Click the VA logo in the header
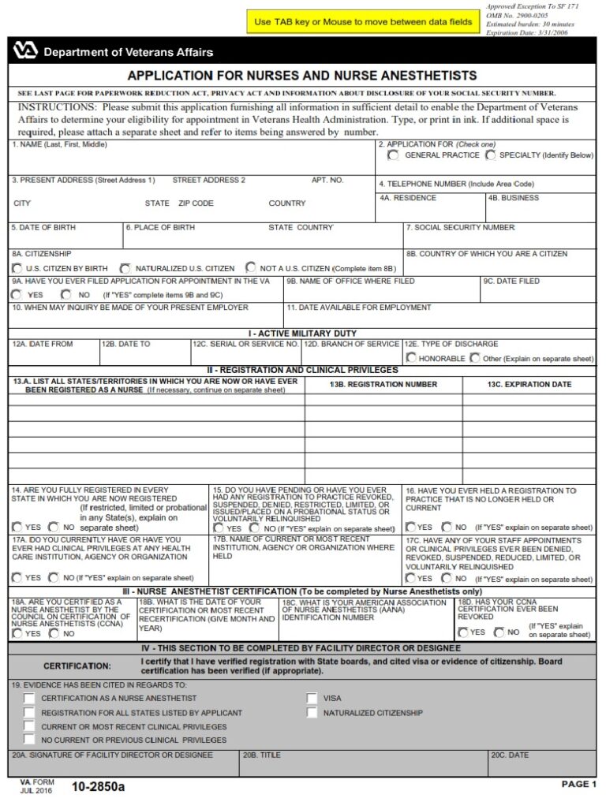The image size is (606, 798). (x=25, y=51)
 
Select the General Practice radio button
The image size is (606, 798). (x=393, y=155)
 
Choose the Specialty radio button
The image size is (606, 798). (x=490, y=155)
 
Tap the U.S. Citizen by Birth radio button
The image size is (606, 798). (x=17, y=269)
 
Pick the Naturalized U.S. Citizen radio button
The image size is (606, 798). (x=125, y=269)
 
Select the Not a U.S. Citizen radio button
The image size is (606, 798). (x=250, y=268)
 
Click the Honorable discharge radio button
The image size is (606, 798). (x=411, y=358)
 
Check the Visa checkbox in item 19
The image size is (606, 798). (x=312, y=698)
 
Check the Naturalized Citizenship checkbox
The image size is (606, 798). (x=312, y=713)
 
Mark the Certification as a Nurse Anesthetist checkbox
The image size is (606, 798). (x=29, y=698)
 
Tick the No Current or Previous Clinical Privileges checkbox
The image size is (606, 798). (x=29, y=740)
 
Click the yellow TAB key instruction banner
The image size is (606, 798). (x=363, y=22)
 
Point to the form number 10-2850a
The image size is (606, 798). (x=98, y=786)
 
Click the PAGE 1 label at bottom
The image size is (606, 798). (x=579, y=784)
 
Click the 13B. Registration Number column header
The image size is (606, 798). (x=383, y=385)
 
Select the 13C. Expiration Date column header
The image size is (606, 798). (x=529, y=385)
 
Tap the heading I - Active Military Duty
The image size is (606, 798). (x=302, y=334)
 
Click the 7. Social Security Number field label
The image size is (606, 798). (x=460, y=228)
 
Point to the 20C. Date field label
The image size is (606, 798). (x=509, y=755)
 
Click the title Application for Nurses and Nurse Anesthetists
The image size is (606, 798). (x=302, y=76)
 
